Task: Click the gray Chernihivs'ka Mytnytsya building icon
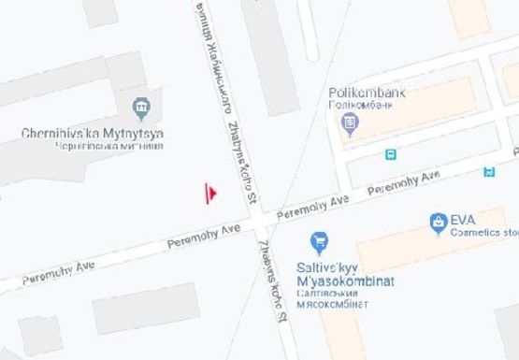click(141, 108)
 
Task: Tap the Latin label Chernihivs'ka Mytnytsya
click(93, 134)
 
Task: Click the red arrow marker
click(212, 193)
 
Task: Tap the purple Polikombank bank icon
click(351, 122)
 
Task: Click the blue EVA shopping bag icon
click(437, 223)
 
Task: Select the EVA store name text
click(463, 221)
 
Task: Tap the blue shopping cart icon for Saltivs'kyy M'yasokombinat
click(319, 242)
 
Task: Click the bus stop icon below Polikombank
click(390, 154)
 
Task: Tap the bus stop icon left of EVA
click(488, 171)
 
